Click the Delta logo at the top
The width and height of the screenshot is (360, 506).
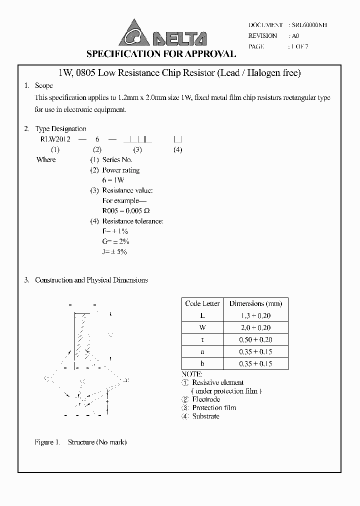tap(162, 33)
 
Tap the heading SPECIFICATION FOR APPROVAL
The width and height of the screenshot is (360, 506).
tap(161, 54)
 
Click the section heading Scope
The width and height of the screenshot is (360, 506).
tap(44, 86)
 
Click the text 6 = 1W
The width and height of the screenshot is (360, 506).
tap(113, 180)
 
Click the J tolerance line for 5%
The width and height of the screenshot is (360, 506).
tap(114, 252)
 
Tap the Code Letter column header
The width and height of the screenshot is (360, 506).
tap(202, 303)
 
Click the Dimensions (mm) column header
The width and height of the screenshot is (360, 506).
tap(255, 303)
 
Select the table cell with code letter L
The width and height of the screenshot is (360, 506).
tap(202, 316)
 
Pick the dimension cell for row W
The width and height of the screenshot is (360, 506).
tap(255, 328)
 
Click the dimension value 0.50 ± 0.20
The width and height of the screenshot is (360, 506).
tap(255, 340)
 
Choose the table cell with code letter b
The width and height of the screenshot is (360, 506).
tap(202, 364)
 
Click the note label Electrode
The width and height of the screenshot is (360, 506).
tap(206, 399)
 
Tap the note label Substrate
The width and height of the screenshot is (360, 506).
tap(205, 416)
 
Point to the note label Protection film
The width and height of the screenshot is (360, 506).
tap(213, 407)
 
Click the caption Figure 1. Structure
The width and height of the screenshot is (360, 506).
tap(80, 442)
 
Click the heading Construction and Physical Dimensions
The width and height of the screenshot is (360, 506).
tap(91, 280)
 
